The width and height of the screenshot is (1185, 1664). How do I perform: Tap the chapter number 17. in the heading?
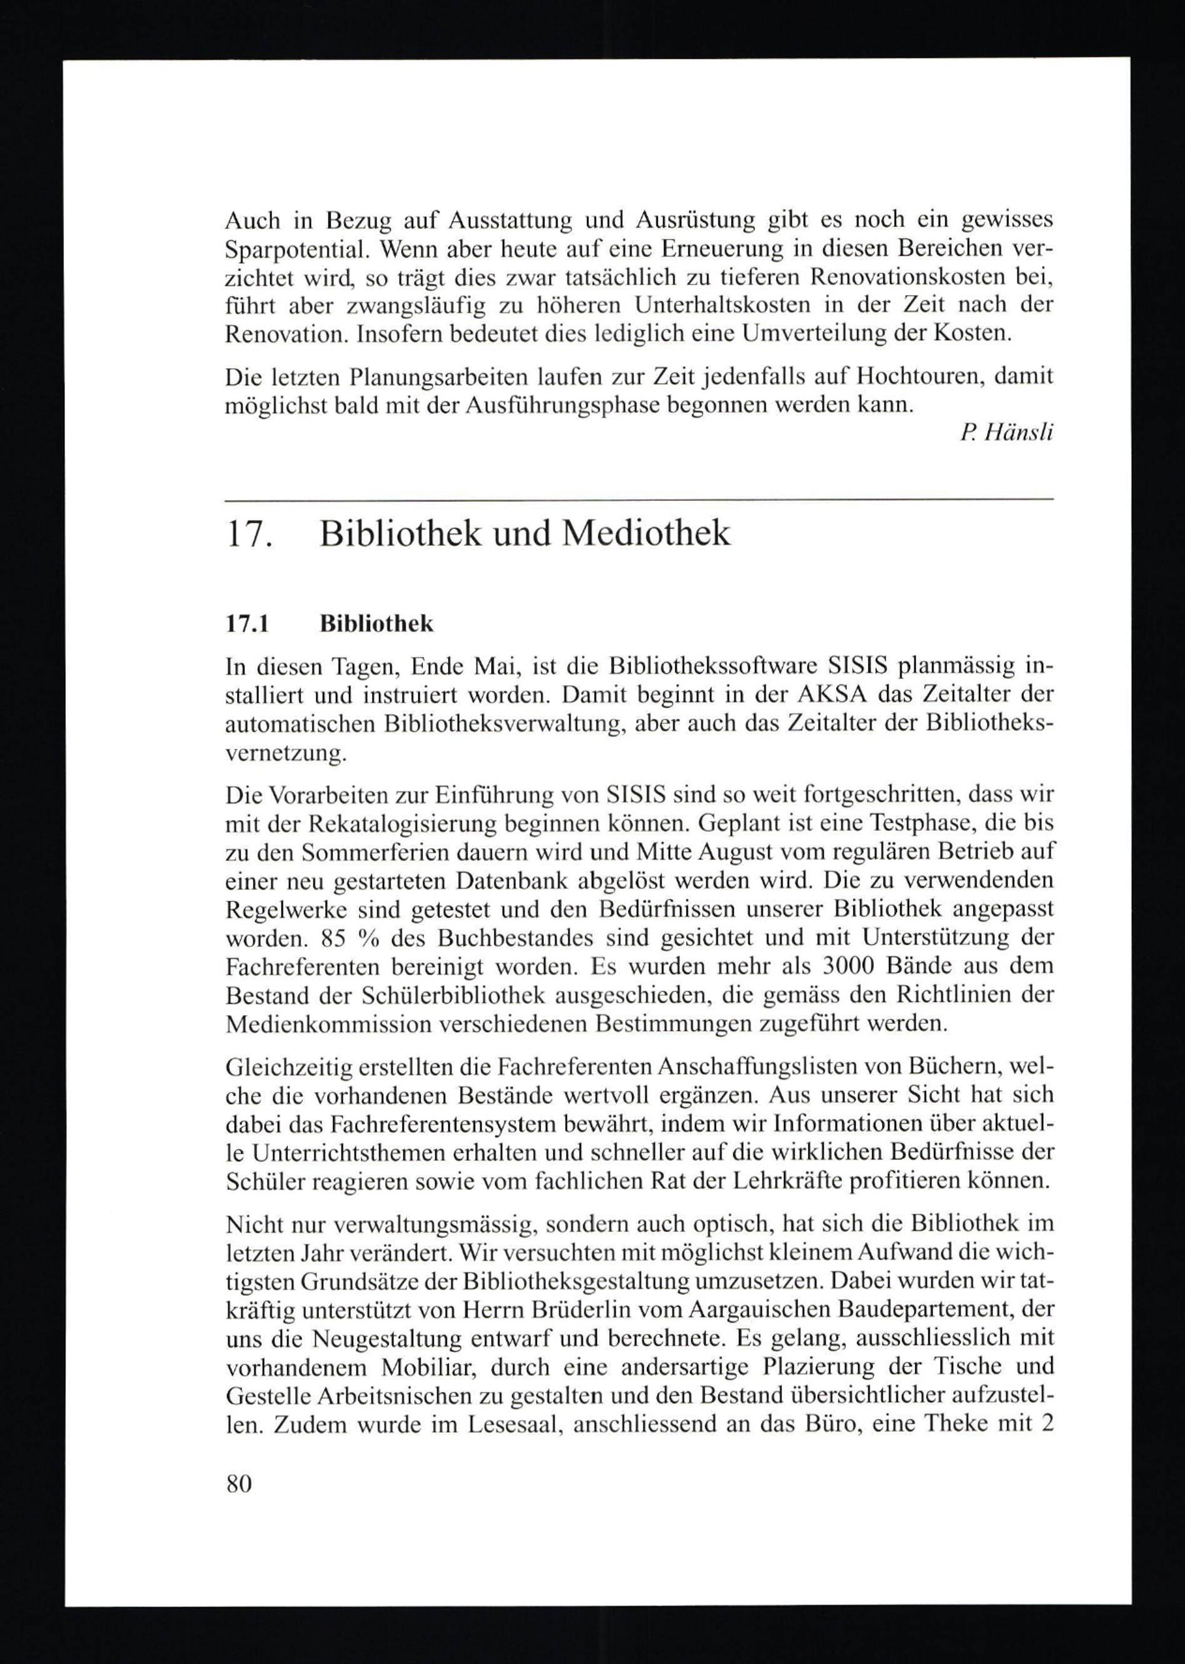pyautogui.click(x=249, y=533)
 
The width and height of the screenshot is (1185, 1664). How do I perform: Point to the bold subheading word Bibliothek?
pyautogui.click(x=376, y=623)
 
